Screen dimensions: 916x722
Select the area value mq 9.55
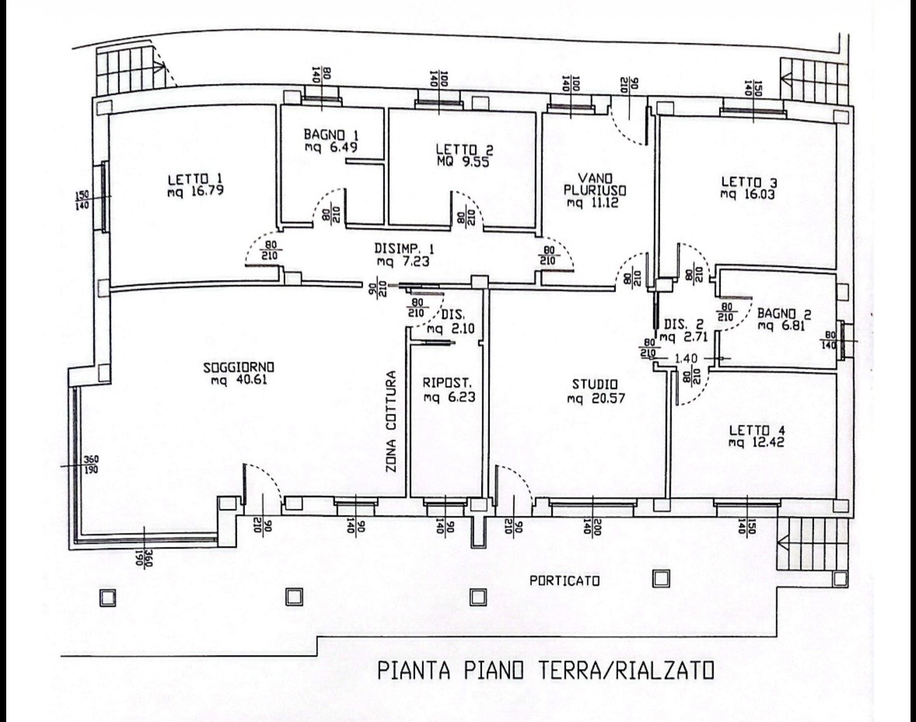point(463,162)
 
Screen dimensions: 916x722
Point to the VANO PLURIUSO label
point(595,184)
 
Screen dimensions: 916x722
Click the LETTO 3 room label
point(748,182)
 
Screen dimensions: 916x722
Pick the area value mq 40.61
point(239,380)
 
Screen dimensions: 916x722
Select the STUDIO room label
point(594,384)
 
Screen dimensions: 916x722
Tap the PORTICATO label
point(565,581)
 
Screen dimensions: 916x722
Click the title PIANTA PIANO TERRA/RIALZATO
point(545,671)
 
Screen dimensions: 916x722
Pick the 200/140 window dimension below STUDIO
point(593,528)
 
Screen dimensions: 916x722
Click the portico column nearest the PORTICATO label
point(661,578)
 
